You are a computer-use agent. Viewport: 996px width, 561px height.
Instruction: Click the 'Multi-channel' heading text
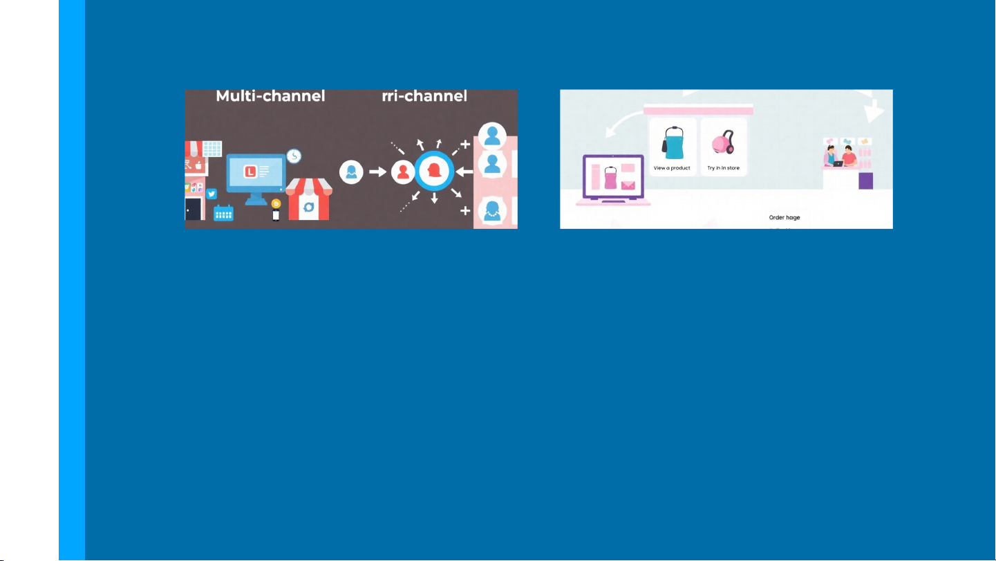click(270, 96)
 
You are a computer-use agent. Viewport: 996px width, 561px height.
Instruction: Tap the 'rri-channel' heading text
click(424, 96)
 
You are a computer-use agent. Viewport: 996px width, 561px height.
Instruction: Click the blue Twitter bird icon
click(212, 194)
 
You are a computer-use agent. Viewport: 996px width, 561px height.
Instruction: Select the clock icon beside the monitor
click(294, 156)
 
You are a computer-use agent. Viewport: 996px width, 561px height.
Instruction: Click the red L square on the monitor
click(250, 170)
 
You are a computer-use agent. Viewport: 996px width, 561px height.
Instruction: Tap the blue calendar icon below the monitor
click(223, 212)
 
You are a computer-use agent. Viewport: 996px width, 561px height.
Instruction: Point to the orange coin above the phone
click(276, 203)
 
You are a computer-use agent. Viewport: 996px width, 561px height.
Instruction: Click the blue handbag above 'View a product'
click(673, 144)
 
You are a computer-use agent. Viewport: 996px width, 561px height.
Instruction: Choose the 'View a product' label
click(672, 168)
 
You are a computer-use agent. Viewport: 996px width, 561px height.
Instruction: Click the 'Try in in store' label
click(723, 168)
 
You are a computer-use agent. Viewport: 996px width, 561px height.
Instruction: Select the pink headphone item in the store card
click(723, 144)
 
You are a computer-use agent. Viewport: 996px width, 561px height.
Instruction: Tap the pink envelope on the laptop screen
click(628, 185)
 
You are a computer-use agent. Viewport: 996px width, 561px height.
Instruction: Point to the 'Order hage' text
click(784, 218)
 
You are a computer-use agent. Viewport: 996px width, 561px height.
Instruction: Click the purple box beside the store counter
click(865, 181)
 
